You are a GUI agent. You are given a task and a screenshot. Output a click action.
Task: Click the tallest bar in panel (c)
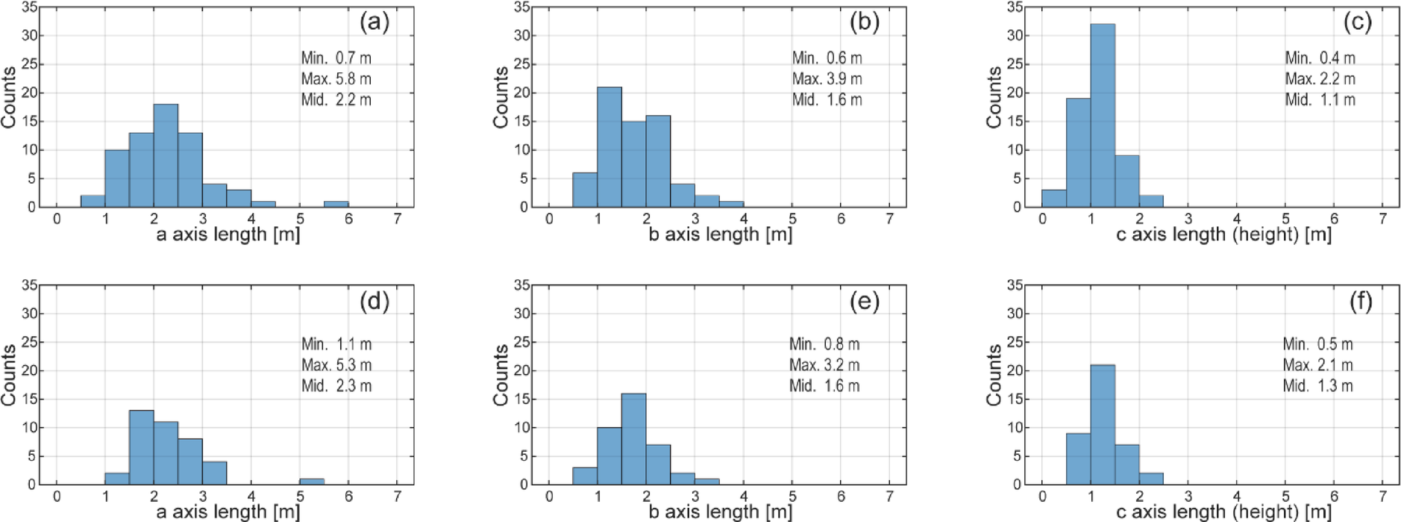coord(1102,116)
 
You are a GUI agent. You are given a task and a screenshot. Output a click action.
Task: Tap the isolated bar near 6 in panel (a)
coord(336,204)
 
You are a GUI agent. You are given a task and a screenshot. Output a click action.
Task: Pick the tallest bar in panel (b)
coord(609,147)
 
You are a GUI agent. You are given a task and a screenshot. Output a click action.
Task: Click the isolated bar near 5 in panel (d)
coord(312,482)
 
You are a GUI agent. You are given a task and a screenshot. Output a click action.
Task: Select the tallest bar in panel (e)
coord(633,439)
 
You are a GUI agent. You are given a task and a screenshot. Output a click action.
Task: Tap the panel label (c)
coord(1357,22)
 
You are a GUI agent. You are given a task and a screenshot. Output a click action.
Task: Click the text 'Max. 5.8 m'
coord(336,78)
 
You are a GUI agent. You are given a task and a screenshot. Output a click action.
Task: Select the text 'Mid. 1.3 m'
coord(1317,386)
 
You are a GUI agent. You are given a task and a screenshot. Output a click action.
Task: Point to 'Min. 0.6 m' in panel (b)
coord(827,58)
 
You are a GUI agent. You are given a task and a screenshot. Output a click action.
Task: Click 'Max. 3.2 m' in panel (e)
coord(824,365)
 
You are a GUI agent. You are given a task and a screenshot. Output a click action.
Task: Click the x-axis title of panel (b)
coord(720,234)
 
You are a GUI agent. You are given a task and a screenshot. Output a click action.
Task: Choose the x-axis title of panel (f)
coord(1223,512)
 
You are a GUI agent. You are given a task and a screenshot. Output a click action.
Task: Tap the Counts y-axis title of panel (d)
coord(9,375)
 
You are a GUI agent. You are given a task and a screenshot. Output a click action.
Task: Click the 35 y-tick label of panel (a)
coord(28,7)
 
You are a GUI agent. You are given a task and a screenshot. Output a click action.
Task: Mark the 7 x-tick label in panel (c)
coord(1382,219)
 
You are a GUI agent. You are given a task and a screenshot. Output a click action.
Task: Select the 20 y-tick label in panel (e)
coord(521,371)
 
